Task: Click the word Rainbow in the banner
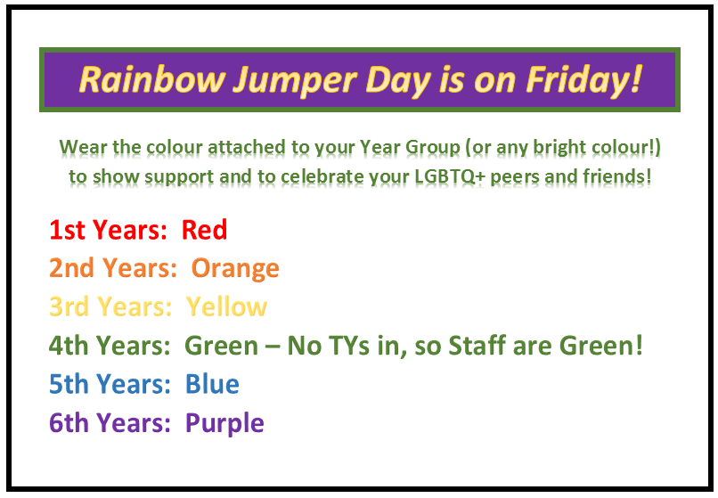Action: point(152,79)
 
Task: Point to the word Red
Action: point(204,230)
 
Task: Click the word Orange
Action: point(235,269)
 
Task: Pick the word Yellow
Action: point(226,306)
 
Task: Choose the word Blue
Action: point(212,383)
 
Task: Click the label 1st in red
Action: point(68,230)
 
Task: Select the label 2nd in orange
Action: point(71,268)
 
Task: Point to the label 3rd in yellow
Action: point(69,306)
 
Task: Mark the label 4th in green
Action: point(69,345)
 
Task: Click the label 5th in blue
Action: point(69,383)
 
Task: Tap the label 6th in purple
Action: point(69,422)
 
